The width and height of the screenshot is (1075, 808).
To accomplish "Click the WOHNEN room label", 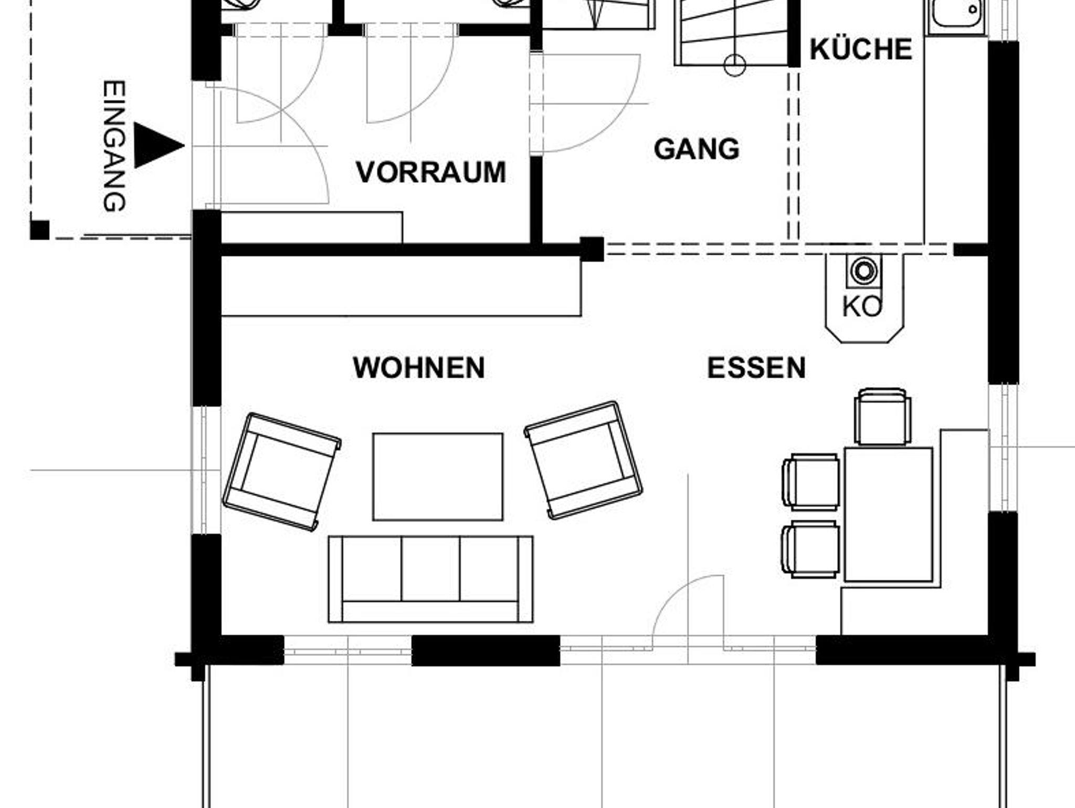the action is (419, 368).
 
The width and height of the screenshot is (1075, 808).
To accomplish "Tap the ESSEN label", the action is (756, 368).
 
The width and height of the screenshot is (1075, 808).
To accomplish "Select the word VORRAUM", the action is (431, 172).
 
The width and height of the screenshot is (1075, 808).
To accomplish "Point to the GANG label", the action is (697, 149).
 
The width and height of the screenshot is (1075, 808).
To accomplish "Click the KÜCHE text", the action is (861, 48).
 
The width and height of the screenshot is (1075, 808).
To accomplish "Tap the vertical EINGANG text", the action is (114, 146).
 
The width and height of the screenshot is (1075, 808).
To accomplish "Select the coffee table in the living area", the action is (438, 476).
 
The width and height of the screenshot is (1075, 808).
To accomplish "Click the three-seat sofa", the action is (430, 579).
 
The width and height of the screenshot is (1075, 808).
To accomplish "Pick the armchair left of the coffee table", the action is (282, 471).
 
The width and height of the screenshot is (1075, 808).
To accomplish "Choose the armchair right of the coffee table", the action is (583, 460).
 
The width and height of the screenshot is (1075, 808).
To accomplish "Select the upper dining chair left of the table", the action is (810, 482).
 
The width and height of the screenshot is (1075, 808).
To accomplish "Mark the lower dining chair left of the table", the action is (810, 549).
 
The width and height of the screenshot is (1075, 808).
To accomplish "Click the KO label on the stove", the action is (862, 307).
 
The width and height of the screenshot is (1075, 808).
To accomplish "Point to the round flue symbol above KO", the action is (863, 271).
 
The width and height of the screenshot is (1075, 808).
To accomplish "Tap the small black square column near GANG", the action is (592, 249).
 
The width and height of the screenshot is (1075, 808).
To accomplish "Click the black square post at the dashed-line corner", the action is (39, 230).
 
